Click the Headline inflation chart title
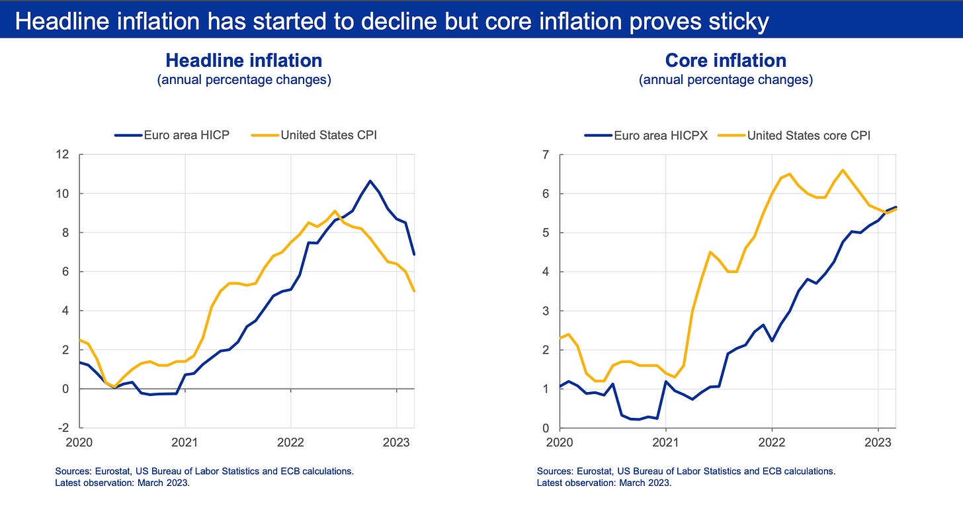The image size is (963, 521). click(x=243, y=61)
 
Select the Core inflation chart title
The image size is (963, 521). click(x=725, y=61)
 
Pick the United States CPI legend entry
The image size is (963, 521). click(x=314, y=136)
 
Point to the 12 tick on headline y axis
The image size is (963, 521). click(x=63, y=155)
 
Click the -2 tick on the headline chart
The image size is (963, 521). click(x=64, y=428)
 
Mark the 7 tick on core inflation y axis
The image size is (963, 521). click(x=546, y=155)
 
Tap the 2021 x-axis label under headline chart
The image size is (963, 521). click(x=185, y=442)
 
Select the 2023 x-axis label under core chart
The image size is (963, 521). click(x=877, y=442)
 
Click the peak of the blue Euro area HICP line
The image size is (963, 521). click(x=370, y=180)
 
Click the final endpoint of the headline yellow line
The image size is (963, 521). click(x=413, y=291)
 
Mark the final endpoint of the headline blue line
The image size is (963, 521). click(x=413, y=255)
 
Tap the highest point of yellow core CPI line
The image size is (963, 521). click(x=842, y=170)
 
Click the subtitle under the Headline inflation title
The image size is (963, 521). click(x=243, y=80)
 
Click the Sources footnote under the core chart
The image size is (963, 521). click(x=686, y=471)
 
